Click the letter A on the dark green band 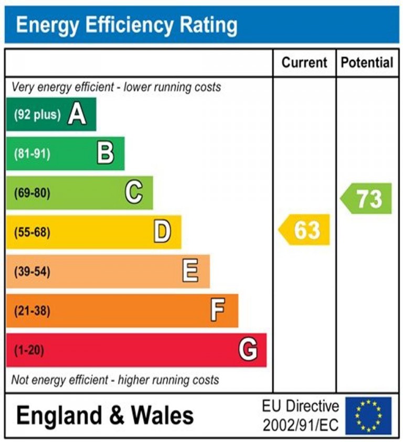pos(77,114)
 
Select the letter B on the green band pos(105,154)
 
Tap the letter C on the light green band pos(134,193)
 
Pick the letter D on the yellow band pos(162,232)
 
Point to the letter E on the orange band pos(190,271)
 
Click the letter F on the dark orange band pos(218,310)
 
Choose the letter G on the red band pos(248,350)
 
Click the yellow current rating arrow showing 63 pos(304,230)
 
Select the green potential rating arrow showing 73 pos(367,199)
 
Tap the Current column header pos(304,63)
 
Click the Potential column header pos(367,63)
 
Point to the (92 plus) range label pos(37,114)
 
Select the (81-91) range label pos(32,154)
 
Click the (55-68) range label pos(32,232)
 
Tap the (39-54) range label pos(32,272)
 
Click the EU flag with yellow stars pos(368,416)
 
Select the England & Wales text pos(105,416)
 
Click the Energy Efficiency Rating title pos(126,25)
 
